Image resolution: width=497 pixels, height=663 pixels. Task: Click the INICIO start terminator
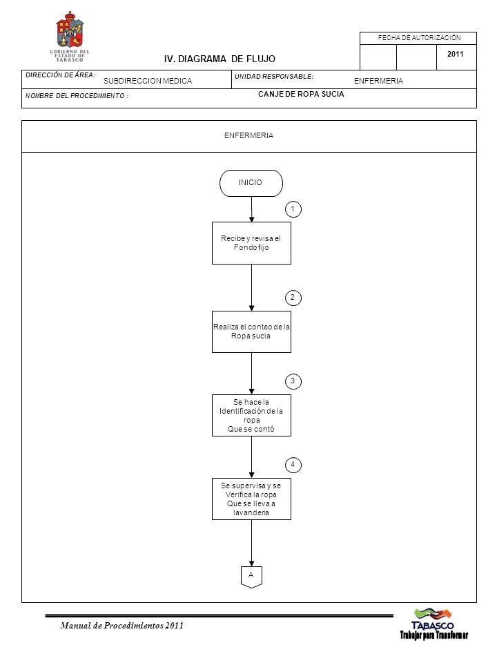(x=251, y=183)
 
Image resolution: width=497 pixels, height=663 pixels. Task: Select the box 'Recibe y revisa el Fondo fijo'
(x=251, y=243)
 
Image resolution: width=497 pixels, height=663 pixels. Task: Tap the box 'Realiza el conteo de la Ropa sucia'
(x=251, y=332)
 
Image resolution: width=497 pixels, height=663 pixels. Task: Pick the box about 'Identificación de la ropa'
(x=251, y=415)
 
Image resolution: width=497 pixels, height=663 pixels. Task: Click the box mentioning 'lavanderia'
(x=251, y=499)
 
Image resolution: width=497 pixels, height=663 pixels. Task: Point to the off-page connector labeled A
(x=251, y=577)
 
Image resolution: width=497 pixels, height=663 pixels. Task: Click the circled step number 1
(x=293, y=209)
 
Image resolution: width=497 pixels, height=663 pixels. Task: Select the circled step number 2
(x=293, y=298)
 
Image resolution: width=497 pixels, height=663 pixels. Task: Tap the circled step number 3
(x=293, y=381)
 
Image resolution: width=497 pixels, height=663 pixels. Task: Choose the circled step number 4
(x=293, y=465)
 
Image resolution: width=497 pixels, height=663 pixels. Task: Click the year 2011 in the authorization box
(x=455, y=54)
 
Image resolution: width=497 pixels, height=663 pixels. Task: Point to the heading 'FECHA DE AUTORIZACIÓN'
(x=419, y=37)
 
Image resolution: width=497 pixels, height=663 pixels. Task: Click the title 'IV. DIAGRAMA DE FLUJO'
(x=220, y=59)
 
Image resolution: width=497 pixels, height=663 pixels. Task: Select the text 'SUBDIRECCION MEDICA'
(x=148, y=81)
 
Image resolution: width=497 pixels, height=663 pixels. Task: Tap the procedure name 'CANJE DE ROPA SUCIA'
(x=301, y=94)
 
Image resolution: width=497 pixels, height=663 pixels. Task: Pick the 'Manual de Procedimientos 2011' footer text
(x=121, y=626)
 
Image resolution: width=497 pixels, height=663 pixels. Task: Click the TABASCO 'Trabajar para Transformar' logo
(x=434, y=624)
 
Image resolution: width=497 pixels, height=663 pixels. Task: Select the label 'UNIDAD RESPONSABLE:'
(x=274, y=77)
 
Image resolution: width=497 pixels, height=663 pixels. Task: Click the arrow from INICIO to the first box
(x=251, y=209)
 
